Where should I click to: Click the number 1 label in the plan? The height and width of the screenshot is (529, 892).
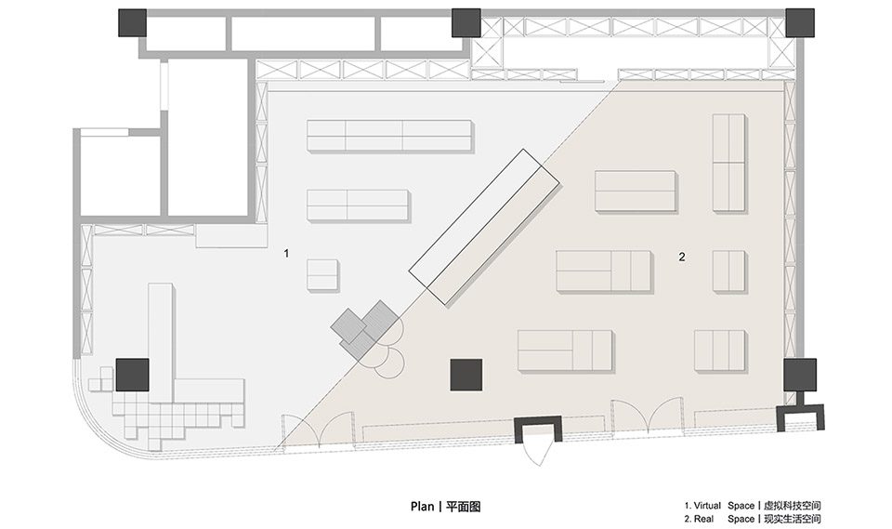(287, 254)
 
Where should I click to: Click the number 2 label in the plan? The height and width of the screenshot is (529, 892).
(682, 257)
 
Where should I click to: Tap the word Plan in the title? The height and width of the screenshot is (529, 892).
(422, 507)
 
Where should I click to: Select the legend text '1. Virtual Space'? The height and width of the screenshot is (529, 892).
(719, 506)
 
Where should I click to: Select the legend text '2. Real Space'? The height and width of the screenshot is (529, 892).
(719, 519)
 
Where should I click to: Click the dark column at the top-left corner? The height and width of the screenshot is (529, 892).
(133, 22)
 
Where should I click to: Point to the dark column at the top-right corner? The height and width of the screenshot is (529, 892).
(800, 22)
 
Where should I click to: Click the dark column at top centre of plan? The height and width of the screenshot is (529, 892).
(466, 22)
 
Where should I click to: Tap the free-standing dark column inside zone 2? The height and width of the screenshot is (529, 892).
(466, 375)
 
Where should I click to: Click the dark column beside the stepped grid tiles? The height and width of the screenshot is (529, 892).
(133, 375)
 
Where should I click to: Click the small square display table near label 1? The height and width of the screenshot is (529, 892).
(322, 275)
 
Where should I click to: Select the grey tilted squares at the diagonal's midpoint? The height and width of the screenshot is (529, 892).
(364, 330)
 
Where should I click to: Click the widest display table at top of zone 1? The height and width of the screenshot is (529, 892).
(389, 136)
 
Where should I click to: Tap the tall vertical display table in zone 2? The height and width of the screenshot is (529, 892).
(728, 163)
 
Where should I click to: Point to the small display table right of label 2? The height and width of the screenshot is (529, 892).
(728, 271)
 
